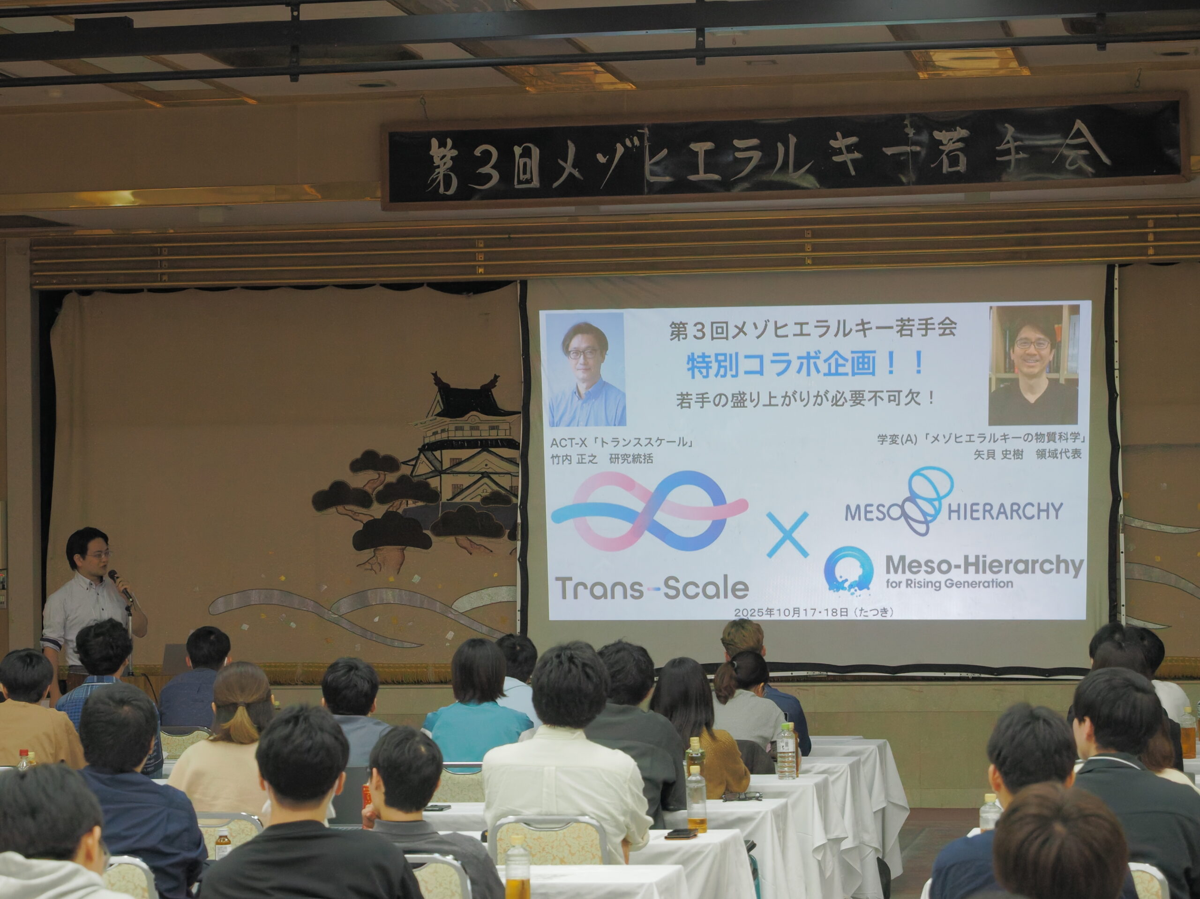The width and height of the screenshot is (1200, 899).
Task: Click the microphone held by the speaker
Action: [120, 585]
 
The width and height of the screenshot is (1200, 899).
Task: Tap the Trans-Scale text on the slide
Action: [652, 588]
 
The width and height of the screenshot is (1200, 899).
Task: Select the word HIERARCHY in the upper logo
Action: [1005, 511]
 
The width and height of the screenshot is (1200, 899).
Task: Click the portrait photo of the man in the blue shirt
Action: [586, 369]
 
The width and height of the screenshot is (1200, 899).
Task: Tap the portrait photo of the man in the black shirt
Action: [1033, 365]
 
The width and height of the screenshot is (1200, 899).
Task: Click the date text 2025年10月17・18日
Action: [792, 612]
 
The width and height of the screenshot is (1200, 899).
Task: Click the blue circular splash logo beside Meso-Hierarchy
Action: [848, 570]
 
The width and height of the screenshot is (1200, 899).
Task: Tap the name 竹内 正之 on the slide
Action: [573, 459]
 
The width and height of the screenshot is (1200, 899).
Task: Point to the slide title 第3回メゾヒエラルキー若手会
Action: [813, 329]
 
